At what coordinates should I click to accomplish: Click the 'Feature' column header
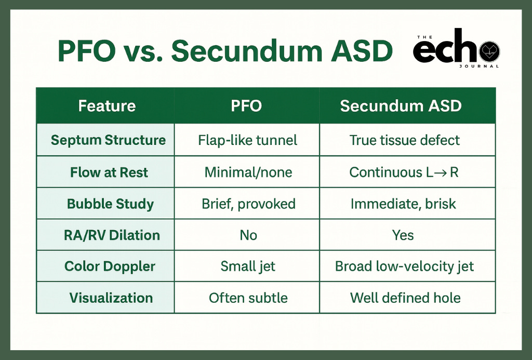(x=107, y=106)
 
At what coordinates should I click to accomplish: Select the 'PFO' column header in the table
(x=246, y=106)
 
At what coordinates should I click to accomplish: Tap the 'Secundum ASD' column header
(x=401, y=106)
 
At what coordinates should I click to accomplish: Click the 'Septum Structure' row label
(x=108, y=140)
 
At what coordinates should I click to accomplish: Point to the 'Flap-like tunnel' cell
(x=248, y=140)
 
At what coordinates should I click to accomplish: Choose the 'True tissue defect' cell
(x=405, y=140)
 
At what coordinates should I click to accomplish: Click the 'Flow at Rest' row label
(x=109, y=172)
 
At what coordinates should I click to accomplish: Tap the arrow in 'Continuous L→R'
(x=441, y=173)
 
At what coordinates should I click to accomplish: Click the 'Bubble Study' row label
(x=110, y=204)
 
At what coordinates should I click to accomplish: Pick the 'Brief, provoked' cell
(x=248, y=204)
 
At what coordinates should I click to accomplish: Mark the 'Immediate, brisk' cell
(x=403, y=204)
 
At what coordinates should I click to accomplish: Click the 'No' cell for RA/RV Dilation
(x=248, y=235)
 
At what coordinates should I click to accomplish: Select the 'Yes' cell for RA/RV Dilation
(x=403, y=235)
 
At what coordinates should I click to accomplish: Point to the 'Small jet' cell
(x=248, y=266)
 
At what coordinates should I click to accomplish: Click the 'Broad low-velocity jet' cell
(x=404, y=266)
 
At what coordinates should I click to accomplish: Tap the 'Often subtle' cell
(x=248, y=298)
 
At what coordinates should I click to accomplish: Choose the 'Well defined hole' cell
(x=405, y=298)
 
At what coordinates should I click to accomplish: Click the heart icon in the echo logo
(x=489, y=51)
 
